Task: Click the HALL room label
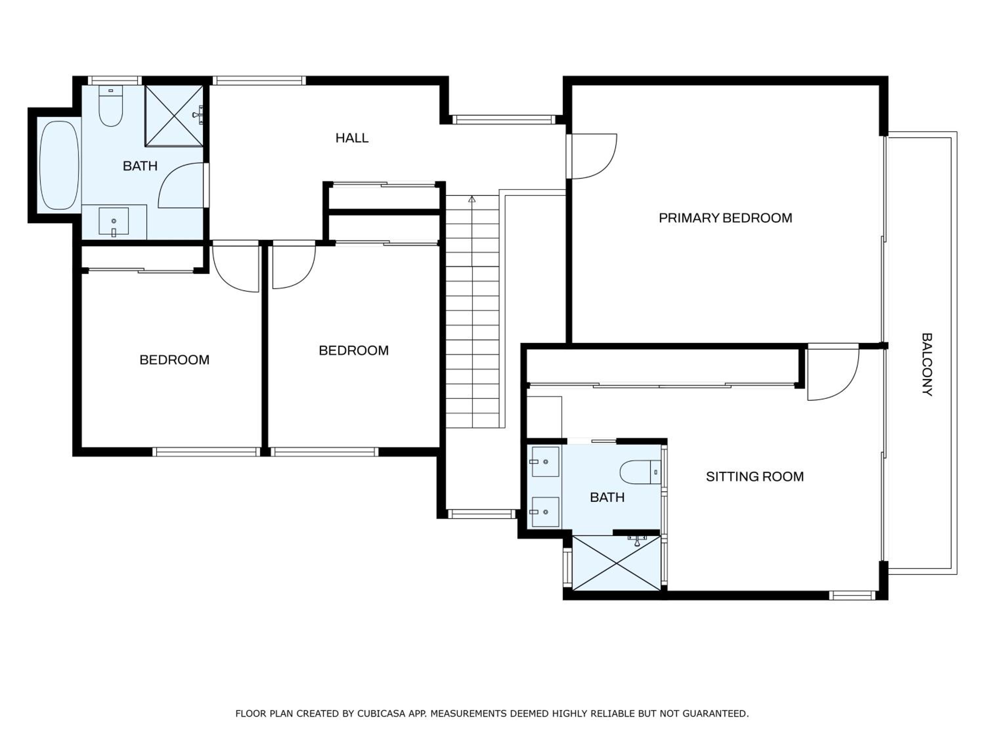coord(352,138)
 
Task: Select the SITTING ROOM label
coord(755,477)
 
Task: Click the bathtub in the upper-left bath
coord(60,165)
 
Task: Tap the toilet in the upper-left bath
coord(110,106)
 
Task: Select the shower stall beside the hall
coord(174,115)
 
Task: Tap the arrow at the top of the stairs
coord(472,199)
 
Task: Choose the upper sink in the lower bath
coord(545,462)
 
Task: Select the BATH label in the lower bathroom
coord(607,498)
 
